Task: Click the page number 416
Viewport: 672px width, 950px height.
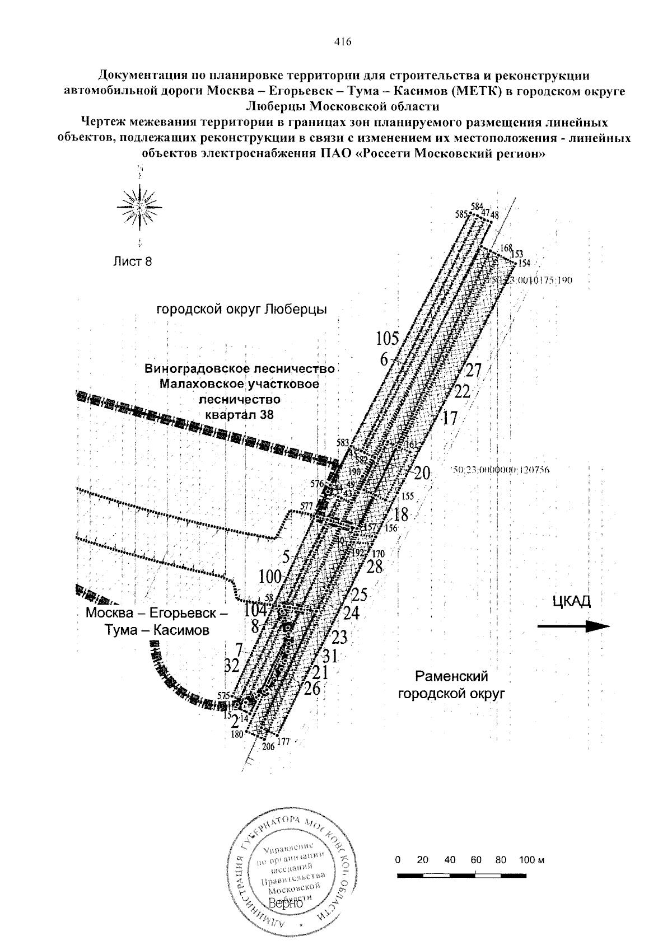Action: pyautogui.click(x=342, y=41)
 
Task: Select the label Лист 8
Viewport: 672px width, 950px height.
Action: pyautogui.click(x=132, y=261)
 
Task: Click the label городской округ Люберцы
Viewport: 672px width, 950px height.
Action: pyautogui.click(x=241, y=309)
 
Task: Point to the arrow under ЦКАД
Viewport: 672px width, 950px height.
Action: pyautogui.click(x=573, y=626)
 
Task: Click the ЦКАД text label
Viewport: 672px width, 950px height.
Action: pyautogui.click(x=571, y=601)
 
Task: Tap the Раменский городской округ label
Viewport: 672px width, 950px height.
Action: pyautogui.click(x=451, y=686)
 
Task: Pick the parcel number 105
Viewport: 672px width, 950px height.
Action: pyautogui.click(x=387, y=339)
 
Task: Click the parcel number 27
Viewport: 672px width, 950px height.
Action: pyautogui.click(x=474, y=370)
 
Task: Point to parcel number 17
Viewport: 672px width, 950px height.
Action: pyautogui.click(x=450, y=418)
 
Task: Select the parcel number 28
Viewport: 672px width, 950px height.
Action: pyautogui.click(x=374, y=567)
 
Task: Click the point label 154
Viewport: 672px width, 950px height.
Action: pyautogui.click(x=524, y=263)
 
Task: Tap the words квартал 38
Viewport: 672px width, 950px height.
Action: pyautogui.click(x=239, y=415)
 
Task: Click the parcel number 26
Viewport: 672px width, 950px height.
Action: pyautogui.click(x=311, y=689)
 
